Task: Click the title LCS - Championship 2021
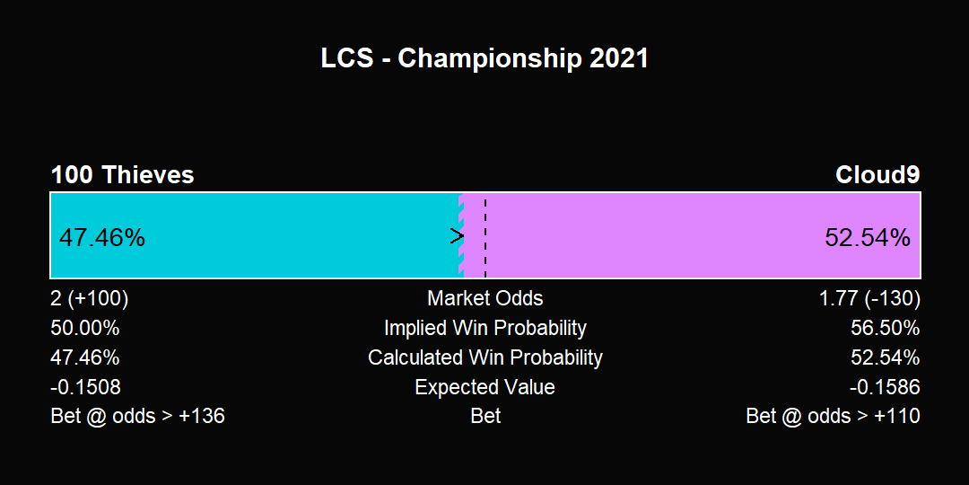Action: point(484,58)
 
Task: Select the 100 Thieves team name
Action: point(122,175)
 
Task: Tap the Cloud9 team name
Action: point(877,175)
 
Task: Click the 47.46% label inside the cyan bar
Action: point(102,237)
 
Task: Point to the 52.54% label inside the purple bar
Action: point(867,237)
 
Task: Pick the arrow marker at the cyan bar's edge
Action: point(458,235)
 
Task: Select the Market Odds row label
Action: point(485,298)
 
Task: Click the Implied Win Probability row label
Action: point(485,328)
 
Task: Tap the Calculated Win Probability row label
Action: point(485,357)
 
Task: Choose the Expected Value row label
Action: point(485,387)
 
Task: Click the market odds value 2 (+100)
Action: point(90,299)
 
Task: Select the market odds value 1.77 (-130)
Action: point(869,299)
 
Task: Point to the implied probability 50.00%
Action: point(85,328)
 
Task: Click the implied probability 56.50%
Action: point(885,328)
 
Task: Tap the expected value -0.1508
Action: point(86,387)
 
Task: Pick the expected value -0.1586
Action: point(885,387)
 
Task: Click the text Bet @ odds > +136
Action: point(138,416)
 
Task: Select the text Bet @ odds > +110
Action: point(833,416)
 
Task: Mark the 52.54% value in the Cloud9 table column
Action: point(885,357)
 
